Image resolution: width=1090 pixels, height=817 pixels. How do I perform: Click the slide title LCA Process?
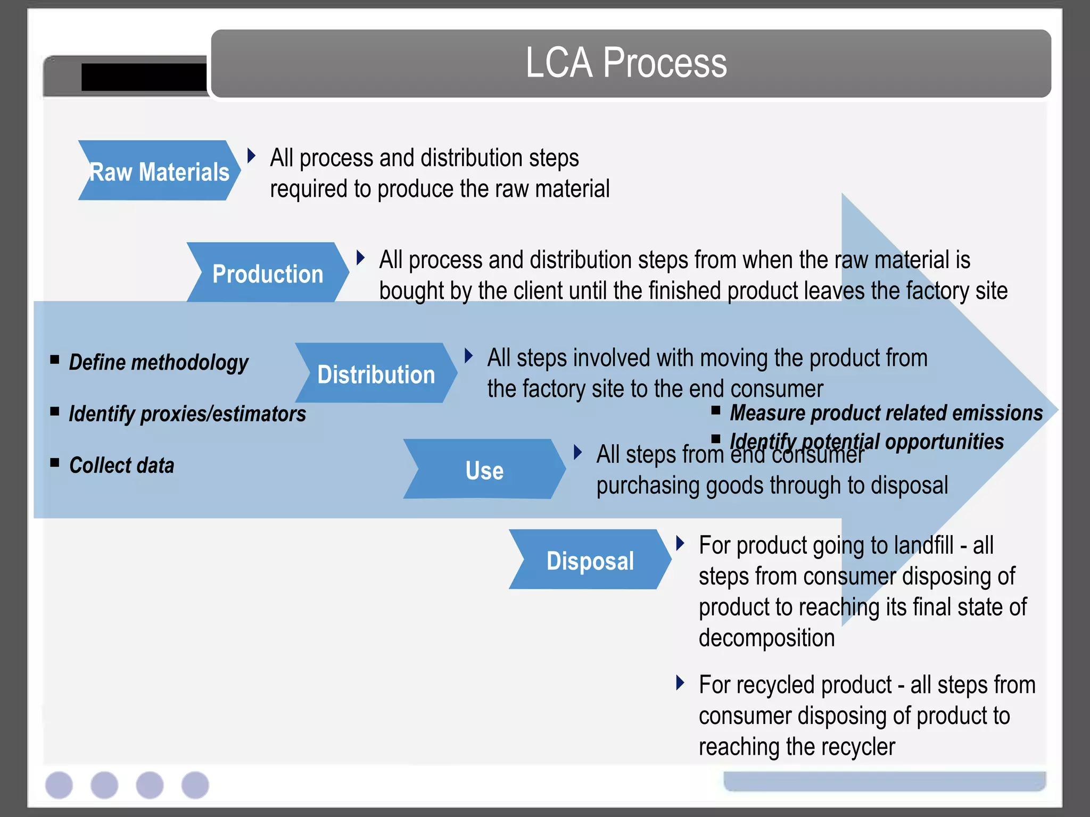tap(626, 63)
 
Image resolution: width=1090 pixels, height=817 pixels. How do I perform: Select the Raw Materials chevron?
tap(159, 171)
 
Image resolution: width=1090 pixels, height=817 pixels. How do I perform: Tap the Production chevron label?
tap(268, 274)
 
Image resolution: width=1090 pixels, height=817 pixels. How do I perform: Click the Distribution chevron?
tap(376, 374)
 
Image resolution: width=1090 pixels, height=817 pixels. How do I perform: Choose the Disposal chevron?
tap(590, 561)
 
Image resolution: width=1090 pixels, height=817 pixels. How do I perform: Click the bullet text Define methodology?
tap(159, 362)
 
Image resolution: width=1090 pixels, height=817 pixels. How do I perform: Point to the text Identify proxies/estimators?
tap(187, 414)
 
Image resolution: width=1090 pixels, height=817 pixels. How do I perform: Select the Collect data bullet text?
tap(121, 465)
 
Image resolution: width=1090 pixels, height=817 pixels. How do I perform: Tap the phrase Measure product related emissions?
tap(886, 413)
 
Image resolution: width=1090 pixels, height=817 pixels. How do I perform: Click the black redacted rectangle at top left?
tap(144, 78)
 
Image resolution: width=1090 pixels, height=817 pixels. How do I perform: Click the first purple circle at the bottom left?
tap(59, 785)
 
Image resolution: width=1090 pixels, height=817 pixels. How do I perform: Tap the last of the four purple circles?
tap(195, 785)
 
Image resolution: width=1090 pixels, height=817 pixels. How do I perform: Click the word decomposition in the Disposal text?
tap(766, 638)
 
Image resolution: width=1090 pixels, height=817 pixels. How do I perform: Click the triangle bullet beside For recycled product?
tap(680, 682)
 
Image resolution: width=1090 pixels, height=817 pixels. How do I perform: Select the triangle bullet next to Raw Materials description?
tap(251, 156)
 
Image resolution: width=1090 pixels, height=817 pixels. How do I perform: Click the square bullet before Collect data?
tap(55, 462)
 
